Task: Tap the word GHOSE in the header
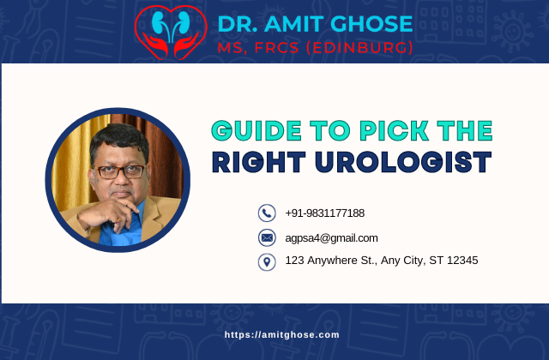pyautogui.click(x=370, y=23)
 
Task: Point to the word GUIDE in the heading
pyautogui.click(x=253, y=131)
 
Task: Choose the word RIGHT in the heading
pyautogui.click(x=258, y=162)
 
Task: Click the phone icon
pyautogui.click(x=267, y=213)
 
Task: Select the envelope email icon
pyautogui.click(x=267, y=237)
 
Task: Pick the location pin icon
pyautogui.click(x=267, y=261)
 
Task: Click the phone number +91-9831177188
pyautogui.click(x=325, y=213)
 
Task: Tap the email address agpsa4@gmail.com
pyautogui.click(x=331, y=237)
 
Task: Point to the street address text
pyautogui.click(x=382, y=260)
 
